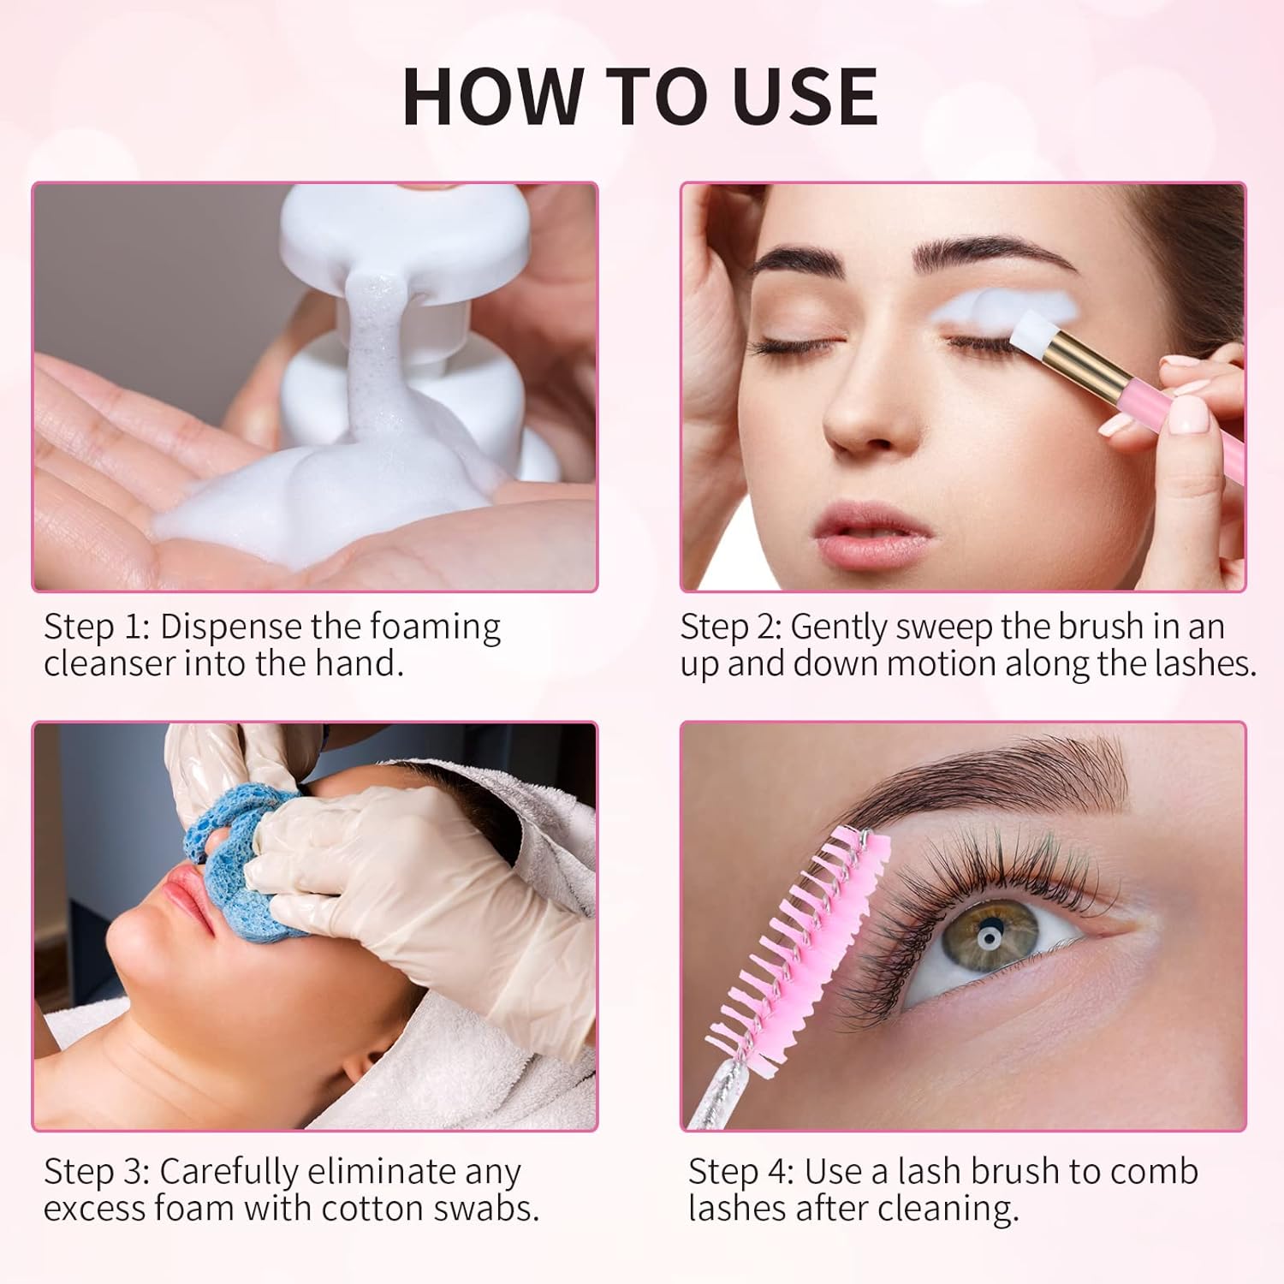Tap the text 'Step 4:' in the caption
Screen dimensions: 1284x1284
pyautogui.click(x=741, y=1171)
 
